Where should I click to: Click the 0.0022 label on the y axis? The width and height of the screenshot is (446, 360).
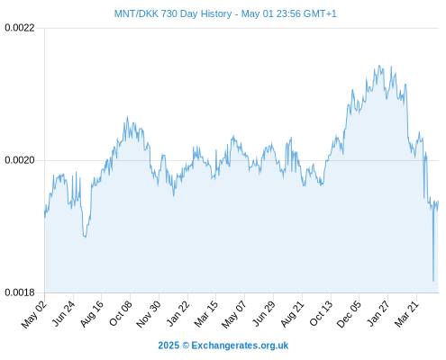[x=20, y=28]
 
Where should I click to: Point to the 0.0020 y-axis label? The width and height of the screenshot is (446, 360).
[x=20, y=160]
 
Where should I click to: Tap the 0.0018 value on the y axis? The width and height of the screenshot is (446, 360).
[x=20, y=292]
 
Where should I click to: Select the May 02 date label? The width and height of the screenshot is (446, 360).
[x=34, y=314]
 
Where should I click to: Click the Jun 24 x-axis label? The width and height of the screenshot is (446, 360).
[x=63, y=313]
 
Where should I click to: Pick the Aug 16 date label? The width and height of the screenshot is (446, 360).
[x=92, y=313]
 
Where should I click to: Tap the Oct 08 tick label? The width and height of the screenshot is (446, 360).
[x=121, y=313]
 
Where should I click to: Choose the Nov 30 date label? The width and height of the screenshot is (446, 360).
[x=149, y=314]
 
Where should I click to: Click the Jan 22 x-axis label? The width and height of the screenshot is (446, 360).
[x=178, y=313]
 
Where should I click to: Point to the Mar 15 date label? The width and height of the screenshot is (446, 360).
[x=206, y=313]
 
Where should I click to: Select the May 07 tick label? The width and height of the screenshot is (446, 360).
[x=234, y=314]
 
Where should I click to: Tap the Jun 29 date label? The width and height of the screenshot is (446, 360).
[x=264, y=313]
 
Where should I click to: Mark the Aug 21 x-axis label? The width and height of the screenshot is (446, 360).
[x=292, y=313]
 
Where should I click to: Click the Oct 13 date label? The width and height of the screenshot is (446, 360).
[x=321, y=313]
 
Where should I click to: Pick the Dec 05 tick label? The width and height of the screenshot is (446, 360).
[x=349, y=314]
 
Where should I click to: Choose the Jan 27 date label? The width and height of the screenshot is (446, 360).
[x=378, y=313]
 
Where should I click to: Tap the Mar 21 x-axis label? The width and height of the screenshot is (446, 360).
[x=406, y=313]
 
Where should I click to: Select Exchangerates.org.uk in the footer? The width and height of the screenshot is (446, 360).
[x=240, y=346]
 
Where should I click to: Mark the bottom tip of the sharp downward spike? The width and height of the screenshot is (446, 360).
[x=433, y=281]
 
